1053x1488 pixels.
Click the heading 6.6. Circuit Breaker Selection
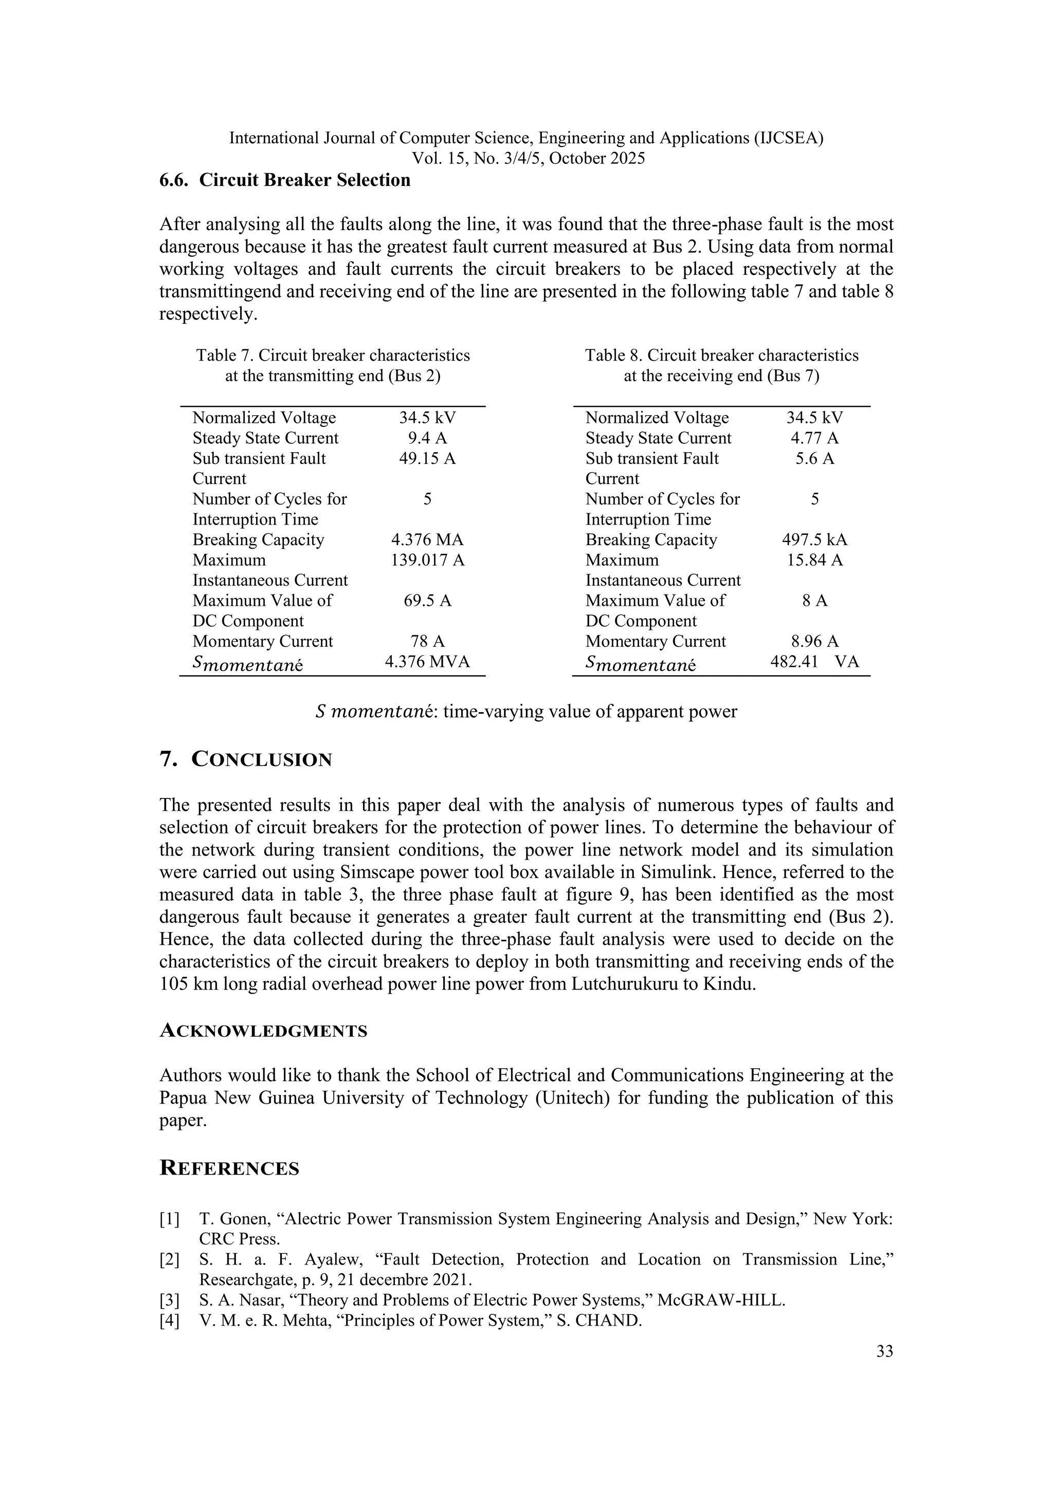285,180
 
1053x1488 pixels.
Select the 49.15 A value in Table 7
427,458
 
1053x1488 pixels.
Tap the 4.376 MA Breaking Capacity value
427,540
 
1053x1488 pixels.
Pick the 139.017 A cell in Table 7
427,560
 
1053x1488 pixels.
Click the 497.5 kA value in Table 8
814,540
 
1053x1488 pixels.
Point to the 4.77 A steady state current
814,438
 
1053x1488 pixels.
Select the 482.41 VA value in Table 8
814,662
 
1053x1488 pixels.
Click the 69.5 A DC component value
427,601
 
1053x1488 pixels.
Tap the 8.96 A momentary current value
814,642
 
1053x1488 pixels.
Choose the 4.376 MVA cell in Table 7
427,662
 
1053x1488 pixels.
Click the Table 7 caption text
333,365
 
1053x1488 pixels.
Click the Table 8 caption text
722,365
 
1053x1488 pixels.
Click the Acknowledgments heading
263,1031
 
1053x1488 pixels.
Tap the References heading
229,1168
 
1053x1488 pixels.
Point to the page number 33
884,1352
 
